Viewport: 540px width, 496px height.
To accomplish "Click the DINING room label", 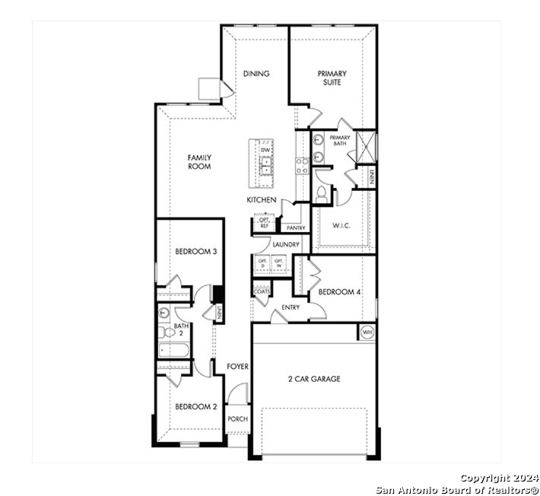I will [256, 74].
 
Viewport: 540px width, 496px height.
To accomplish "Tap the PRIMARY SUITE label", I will [332, 78].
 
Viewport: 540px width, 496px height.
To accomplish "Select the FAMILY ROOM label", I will [200, 161].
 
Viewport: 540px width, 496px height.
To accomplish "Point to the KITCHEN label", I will [261, 200].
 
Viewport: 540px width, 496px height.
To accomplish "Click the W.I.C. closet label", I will [341, 225].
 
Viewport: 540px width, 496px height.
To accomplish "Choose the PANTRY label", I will [295, 227].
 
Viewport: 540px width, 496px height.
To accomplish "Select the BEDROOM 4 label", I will [339, 292].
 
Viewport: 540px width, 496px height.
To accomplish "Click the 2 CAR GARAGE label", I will [314, 379].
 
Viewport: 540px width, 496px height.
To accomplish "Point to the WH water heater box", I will [367, 332].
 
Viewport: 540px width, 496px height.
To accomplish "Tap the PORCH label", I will [238, 419].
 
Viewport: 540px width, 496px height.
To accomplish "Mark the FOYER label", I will [238, 367].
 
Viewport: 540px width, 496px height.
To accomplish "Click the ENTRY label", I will [291, 307].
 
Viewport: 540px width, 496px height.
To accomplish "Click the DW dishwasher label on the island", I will [265, 151].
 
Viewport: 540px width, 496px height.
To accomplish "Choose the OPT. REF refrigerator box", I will [264, 224].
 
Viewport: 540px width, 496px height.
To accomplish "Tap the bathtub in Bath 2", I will [173, 351].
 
